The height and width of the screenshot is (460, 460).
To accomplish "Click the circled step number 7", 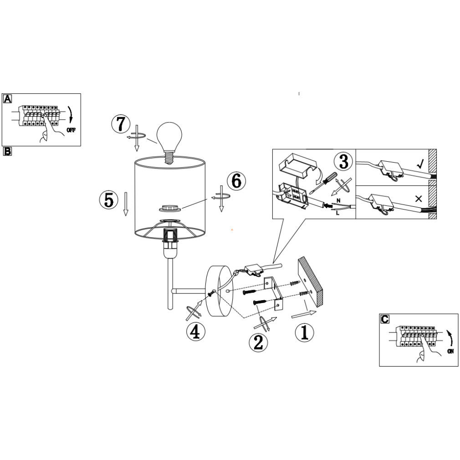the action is click(121, 124).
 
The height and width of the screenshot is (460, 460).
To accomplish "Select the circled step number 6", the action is click(236, 181).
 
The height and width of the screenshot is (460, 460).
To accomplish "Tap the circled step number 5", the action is click(108, 201).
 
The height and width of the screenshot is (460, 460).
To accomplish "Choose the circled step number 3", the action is click(343, 162).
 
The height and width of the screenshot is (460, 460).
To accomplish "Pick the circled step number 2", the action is click(258, 342).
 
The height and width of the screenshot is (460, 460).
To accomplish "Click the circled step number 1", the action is click(304, 332).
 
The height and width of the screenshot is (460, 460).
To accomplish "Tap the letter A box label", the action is click(7, 99).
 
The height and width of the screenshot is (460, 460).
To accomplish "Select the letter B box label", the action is click(7, 151).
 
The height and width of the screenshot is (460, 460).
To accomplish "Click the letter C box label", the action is click(384, 319).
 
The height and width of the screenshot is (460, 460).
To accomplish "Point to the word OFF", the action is click(71, 130).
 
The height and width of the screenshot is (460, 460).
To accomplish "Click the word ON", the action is click(451, 351).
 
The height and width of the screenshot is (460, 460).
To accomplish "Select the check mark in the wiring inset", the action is click(421, 164).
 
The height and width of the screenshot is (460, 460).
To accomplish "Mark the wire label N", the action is click(338, 201).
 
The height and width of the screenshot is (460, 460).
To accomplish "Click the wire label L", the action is click(337, 213).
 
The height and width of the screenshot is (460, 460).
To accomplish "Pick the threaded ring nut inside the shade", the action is click(169, 208).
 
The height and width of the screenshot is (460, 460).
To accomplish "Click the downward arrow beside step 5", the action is click(126, 204).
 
